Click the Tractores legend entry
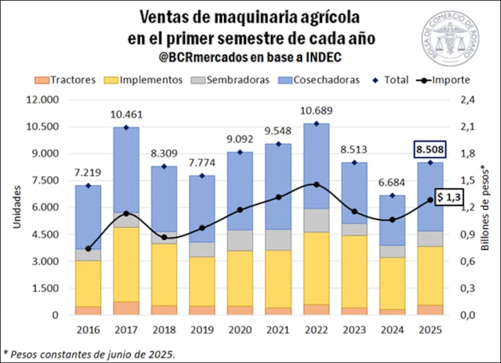66,79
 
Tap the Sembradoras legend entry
231,79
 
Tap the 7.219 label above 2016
88,172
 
